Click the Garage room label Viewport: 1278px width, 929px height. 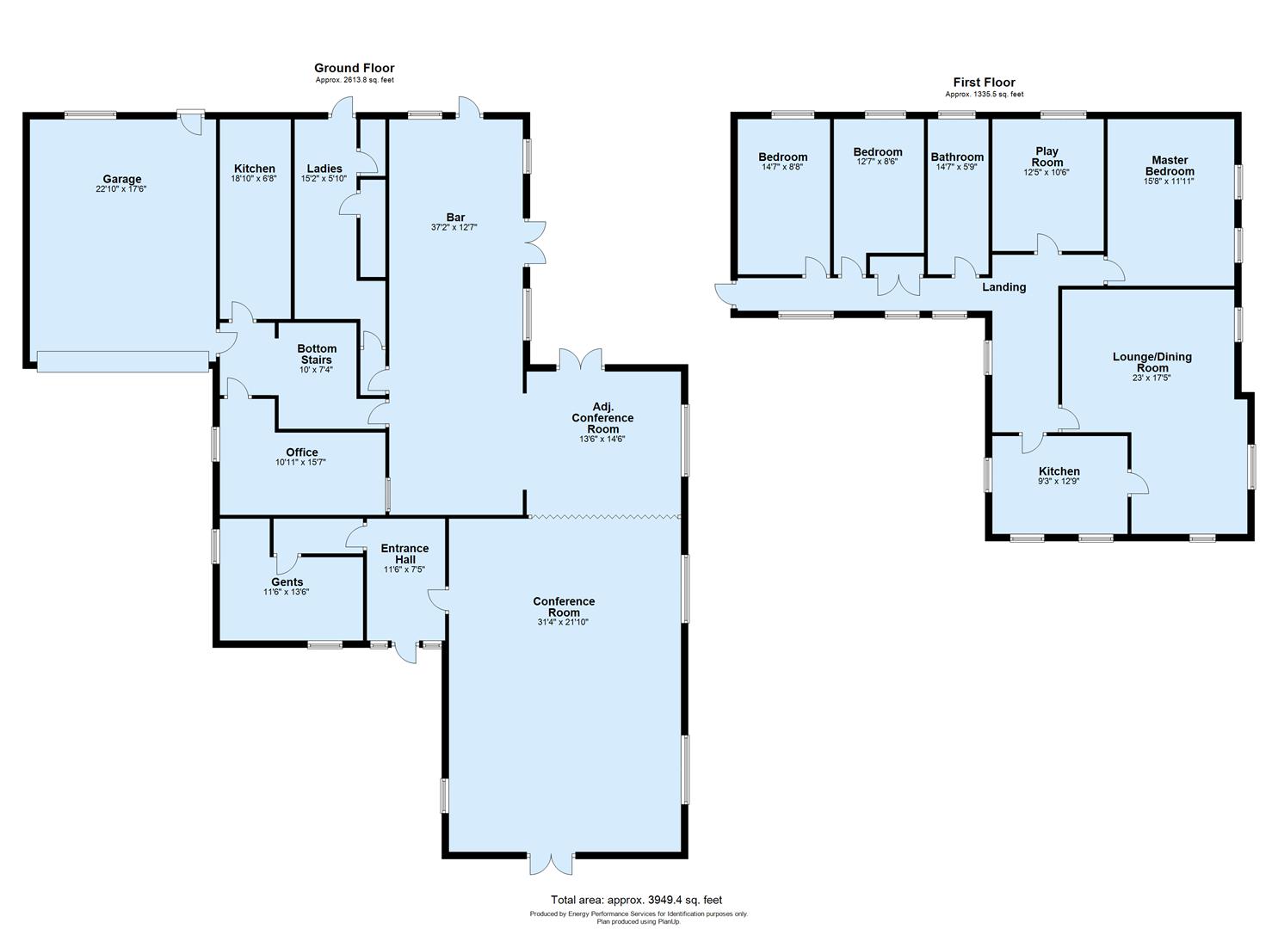pyautogui.click(x=121, y=179)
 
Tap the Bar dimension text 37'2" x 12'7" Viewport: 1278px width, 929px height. pyautogui.click(x=454, y=228)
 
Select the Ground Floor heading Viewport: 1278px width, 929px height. pyautogui.click(x=354, y=68)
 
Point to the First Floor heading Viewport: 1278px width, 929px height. pyautogui.click(x=984, y=83)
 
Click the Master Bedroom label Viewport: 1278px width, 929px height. pyautogui.click(x=1170, y=165)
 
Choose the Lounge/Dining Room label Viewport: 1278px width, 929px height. pyautogui.click(x=1152, y=362)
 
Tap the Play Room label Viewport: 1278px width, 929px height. pyautogui.click(x=1046, y=157)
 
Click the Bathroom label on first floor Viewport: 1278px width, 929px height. pyautogui.click(x=957, y=157)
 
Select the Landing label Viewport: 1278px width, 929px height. pyautogui.click(x=1004, y=287)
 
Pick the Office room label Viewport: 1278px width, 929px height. pyautogui.click(x=302, y=452)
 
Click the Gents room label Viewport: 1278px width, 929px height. pyautogui.click(x=287, y=582)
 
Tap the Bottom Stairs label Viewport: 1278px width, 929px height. pyautogui.click(x=317, y=354)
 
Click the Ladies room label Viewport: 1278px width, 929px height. pyautogui.click(x=324, y=169)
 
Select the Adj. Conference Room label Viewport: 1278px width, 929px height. pyautogui.click(x=602, y=417)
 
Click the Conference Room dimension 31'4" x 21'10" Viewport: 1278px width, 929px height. pyautogui.click(x=564, y=622)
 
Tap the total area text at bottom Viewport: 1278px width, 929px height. pyautogui.click(x=637, y=900)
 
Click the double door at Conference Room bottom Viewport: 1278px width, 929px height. pyautogui.click(x=551, y=864)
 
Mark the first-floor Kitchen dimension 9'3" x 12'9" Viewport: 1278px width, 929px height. pyautogui.click(x=1059, y=482)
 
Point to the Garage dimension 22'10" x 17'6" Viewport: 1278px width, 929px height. pyautogui.click(x=121, y=189)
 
